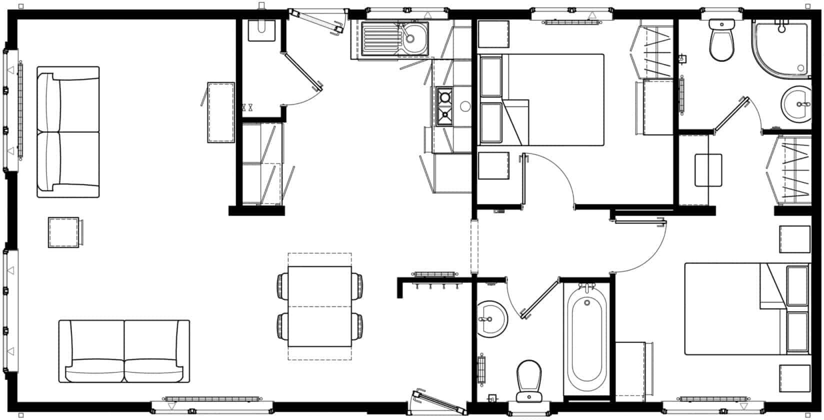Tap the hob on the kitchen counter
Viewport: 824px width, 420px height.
coord(444,106)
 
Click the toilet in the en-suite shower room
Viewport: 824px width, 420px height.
coord(721,40)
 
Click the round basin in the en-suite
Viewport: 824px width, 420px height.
coord(796,104)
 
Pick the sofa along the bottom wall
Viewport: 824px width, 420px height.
coord(124,351)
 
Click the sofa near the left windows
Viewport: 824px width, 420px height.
coord(68,132)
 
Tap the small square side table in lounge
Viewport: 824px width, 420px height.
coord(63,232)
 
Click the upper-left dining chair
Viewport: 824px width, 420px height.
coord(282,285)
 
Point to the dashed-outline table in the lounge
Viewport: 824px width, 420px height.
coord(221,112)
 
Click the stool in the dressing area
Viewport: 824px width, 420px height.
coord(708,170)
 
